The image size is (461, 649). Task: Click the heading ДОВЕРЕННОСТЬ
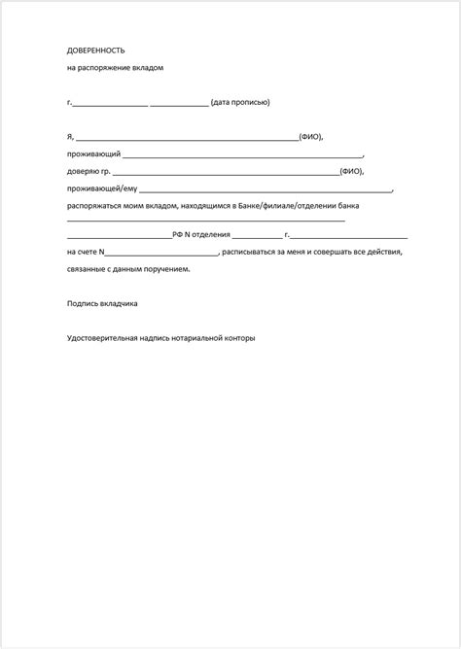point(96,50)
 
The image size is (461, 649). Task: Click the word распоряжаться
point(95,206)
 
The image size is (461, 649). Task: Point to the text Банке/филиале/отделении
point(297,206)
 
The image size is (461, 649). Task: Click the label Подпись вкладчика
point(102,303)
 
